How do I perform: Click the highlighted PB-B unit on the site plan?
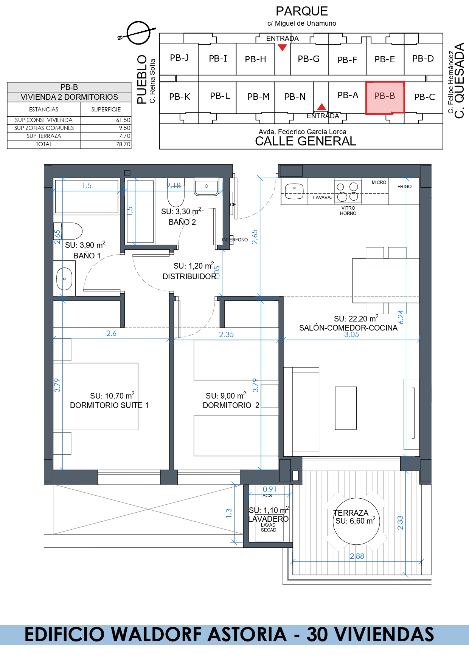385,97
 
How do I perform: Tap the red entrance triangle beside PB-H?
282,47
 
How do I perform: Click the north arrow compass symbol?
138,33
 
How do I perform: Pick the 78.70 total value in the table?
123,144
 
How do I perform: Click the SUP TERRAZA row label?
44,136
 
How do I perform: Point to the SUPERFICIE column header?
106,110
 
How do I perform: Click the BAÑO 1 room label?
87,256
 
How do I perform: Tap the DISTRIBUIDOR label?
189,277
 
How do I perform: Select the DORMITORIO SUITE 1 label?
109,405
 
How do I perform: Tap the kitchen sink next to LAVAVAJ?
294,191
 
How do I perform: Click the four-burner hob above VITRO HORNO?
348,192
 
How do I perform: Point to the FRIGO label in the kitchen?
404,187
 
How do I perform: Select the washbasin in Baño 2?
207,187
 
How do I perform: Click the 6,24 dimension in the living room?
401,317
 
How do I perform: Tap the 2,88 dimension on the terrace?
357,556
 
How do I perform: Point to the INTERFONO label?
235,240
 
